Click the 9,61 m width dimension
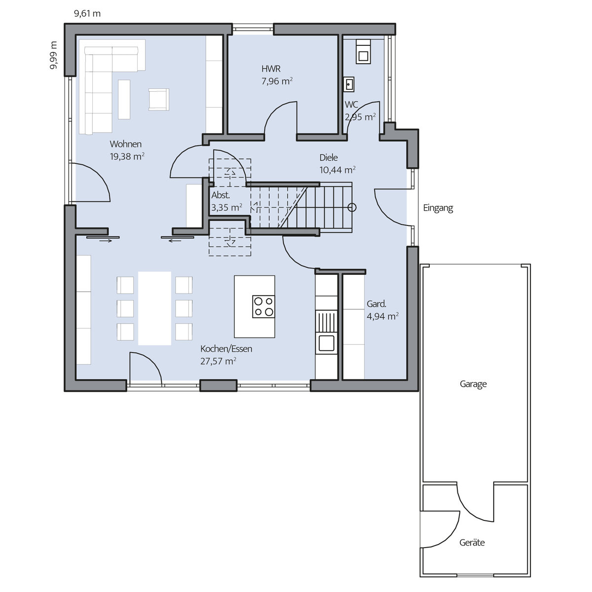click(87, 14)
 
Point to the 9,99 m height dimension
click(53, 55)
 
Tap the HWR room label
click(271, 69)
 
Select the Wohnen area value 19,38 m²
click(127, 156)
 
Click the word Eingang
click(438, 208)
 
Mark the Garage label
click(473, 384)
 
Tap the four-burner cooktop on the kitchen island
click(263, 306)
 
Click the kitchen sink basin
click(326, 343)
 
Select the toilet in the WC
click(363, 52)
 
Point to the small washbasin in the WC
click(349, 84)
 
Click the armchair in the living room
click(158, 99)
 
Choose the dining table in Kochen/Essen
click(154, 308)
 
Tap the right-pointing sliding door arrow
click(106, 241)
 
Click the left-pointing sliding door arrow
click(175, 241)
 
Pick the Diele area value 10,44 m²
click(337, 170)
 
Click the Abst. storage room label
click(221, 195)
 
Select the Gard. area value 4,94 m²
click(383, 316)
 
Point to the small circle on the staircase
click(352, 208)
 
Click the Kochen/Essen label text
click(226, 349)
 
